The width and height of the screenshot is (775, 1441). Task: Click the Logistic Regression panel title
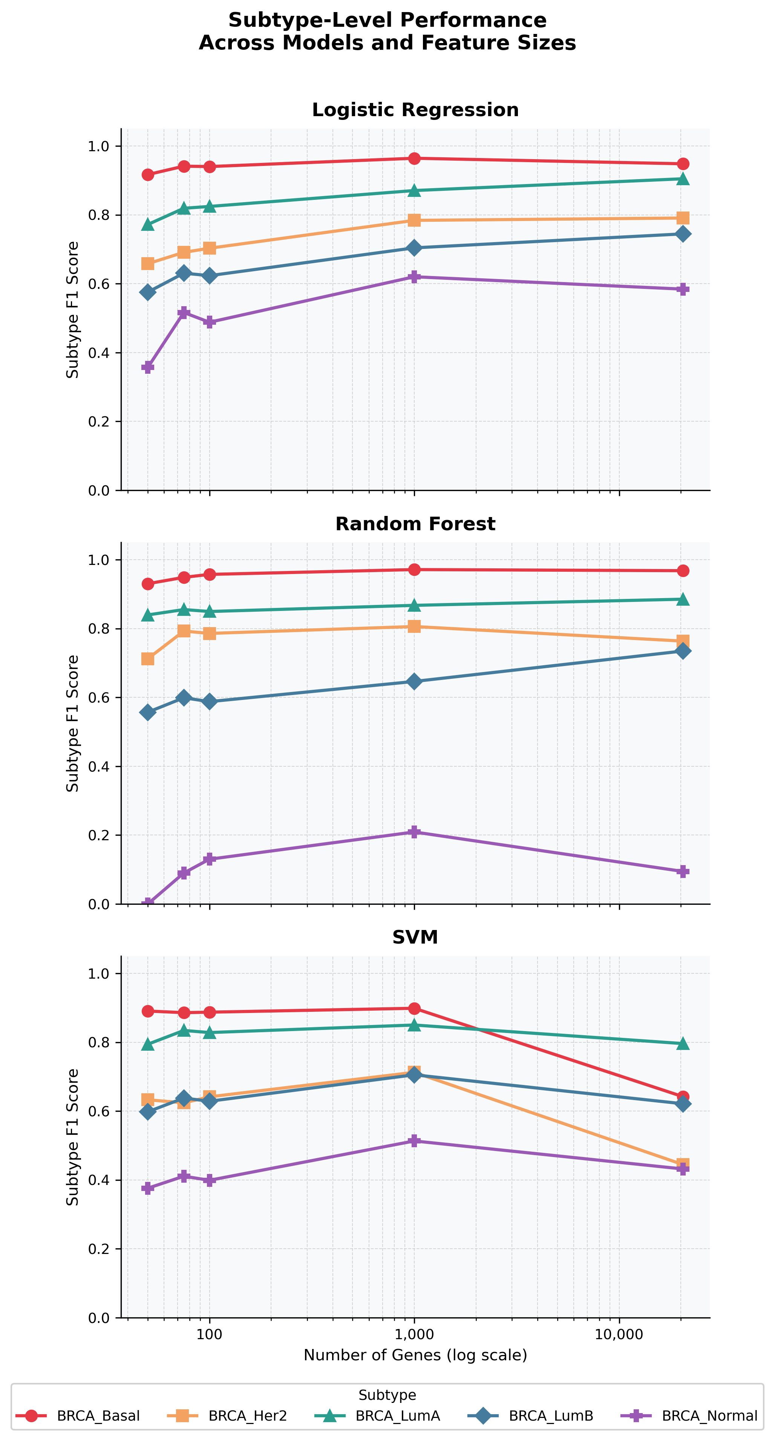tap(415, 110)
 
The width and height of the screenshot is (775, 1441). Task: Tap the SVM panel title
tap(415, 937)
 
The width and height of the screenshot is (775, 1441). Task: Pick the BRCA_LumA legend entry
tap(377, 1415)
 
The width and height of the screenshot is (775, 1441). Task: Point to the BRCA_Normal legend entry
tap(689, 1415)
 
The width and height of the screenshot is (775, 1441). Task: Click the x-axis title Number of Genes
tap(415, 1355)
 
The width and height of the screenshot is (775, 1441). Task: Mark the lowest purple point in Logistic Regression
tap(148, 367)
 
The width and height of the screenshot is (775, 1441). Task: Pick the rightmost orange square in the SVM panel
tap(683, 1164)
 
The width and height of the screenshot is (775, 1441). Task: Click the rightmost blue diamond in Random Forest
tap(683, 651)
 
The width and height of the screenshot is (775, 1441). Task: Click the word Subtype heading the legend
tap(387, 1395)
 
